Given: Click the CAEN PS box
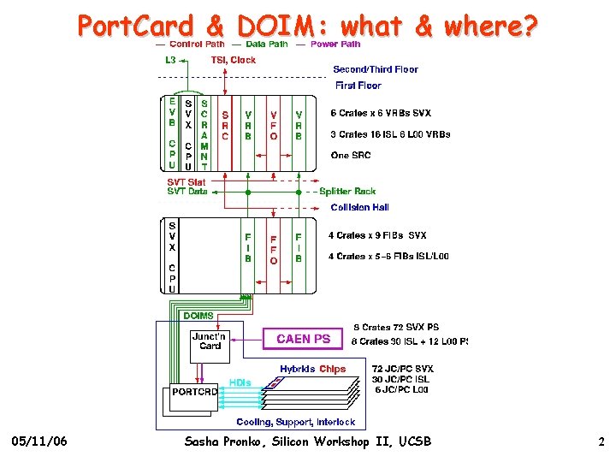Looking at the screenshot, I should tap(303, 339).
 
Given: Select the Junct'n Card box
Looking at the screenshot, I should tap(210, 341).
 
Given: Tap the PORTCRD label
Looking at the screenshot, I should tap(194, 391).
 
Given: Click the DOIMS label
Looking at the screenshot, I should tap(199, 316).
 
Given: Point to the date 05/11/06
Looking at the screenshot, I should tap(40, 441).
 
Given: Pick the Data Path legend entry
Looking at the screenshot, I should tap(266, 44).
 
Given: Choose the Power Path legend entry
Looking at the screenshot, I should tap(335, 44).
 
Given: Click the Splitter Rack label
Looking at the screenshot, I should tap(347, 191).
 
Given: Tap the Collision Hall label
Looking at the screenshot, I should tap(359, 207).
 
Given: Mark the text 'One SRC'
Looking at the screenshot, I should tap(351, 155).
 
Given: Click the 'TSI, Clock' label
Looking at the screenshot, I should tap(233, 60).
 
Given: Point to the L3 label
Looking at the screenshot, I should tap(170, 60).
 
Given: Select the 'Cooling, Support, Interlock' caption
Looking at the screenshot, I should tap(296, 422).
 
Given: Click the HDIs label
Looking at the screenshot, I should tap(240, 382).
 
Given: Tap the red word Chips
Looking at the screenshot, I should tap(333, 369).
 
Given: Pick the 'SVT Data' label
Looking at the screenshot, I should tap(187, 192).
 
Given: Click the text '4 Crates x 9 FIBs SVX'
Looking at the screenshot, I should tap(377, 235).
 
